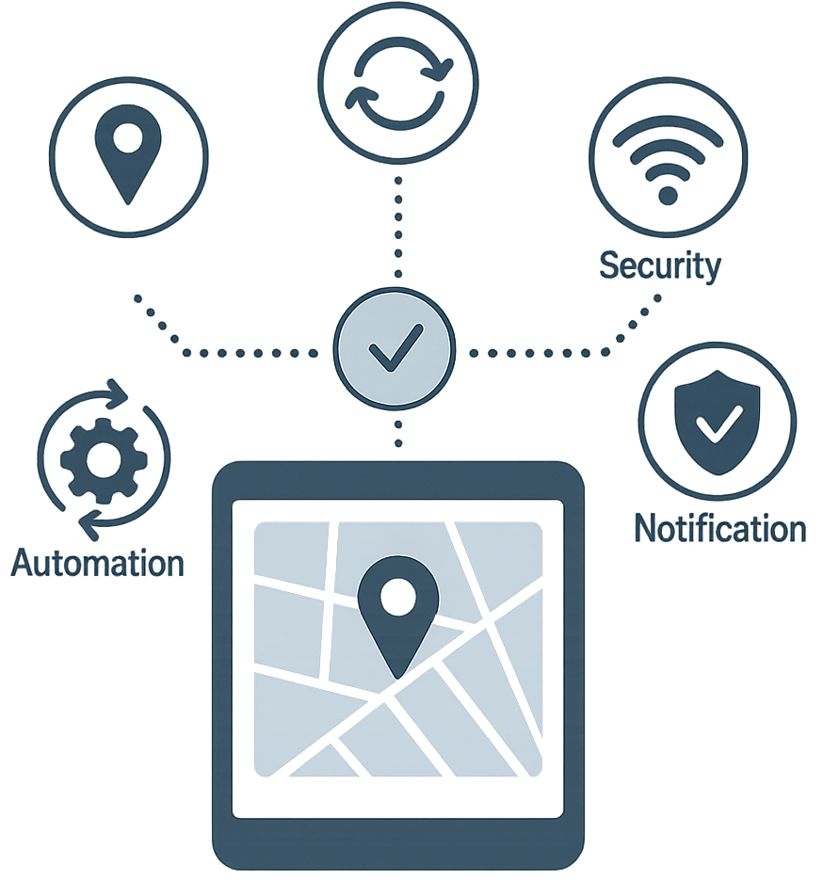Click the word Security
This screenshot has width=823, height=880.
point(660,266)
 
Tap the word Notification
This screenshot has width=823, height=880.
point(720,528)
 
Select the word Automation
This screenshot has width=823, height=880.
point(98,562)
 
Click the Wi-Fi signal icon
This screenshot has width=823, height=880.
point(668,161)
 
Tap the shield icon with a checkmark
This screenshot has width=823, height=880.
point(717,422)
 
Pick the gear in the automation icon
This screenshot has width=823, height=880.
point(104,459)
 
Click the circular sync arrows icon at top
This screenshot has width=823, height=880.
point(398,84)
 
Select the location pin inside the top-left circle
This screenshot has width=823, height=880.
point(129,153)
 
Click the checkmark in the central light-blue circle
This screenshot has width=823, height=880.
point(395,347)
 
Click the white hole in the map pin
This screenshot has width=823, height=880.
point(398,597)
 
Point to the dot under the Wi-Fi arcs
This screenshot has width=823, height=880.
point(668,196)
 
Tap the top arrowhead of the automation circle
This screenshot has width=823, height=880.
point(119,392)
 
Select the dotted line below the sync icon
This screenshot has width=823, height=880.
point(398,227)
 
